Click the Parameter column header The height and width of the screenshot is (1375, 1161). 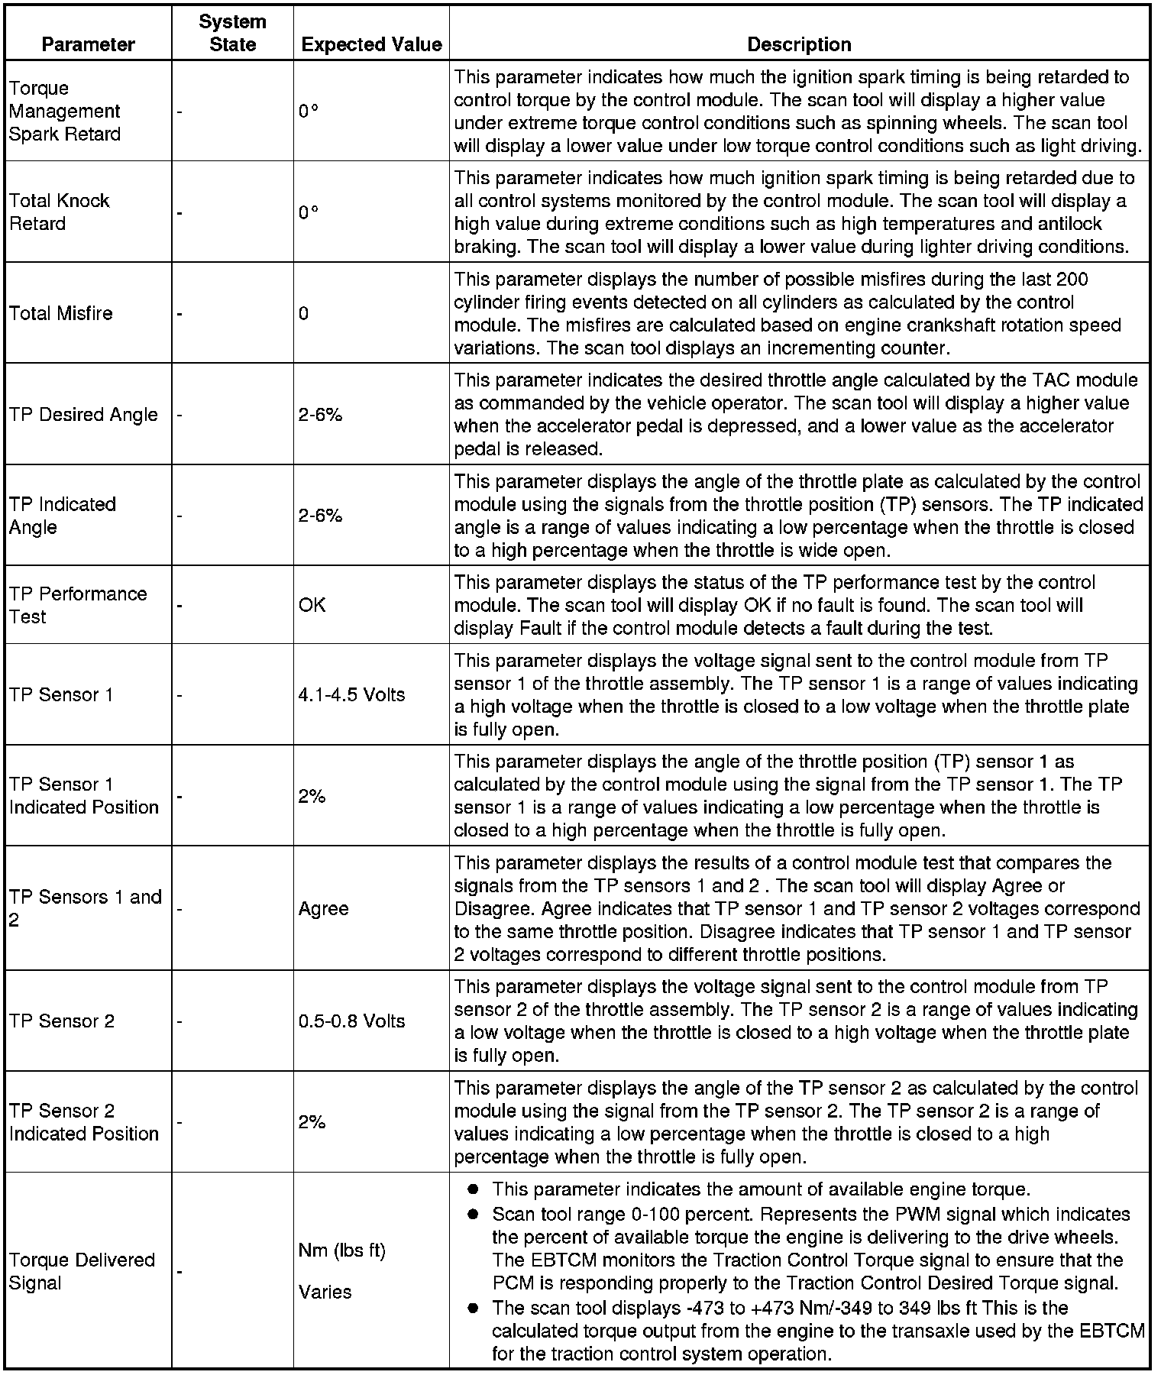[88, 44]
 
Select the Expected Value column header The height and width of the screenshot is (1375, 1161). [371, 44]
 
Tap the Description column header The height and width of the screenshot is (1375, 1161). [799, 44]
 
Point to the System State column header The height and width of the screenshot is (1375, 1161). [232, 33]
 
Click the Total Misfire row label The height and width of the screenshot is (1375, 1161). [61, 313]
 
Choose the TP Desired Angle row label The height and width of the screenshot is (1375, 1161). [83, 414]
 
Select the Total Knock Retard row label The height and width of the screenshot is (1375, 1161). [59, 212]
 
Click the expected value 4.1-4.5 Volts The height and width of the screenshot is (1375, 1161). [351, 694]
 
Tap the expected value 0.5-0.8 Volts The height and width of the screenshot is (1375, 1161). [351, 1021]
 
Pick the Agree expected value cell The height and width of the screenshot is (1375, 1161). [323, 908]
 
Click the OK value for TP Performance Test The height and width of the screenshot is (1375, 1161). [312, 605]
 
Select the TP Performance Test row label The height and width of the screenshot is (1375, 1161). [77, 605]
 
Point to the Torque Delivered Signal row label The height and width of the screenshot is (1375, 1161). [82, 1271]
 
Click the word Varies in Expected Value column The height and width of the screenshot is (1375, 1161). [325, 1292]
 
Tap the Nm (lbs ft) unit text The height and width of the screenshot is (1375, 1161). [341, 1250]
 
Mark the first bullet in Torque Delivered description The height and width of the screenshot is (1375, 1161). [474, 1189]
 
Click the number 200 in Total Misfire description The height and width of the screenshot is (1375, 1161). [1072, 279]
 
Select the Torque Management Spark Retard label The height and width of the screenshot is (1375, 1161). [65, 111]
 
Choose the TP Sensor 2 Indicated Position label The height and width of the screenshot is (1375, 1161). [83, 1122]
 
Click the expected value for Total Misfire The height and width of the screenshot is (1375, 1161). [304, 313]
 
